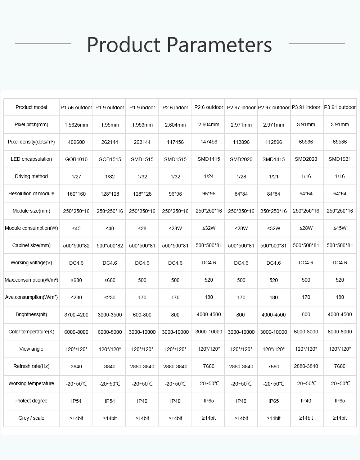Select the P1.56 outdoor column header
tap(76, 108)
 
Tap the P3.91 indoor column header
tap(306, 107)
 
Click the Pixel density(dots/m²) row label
tap(31, 142)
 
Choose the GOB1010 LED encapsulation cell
tap(76, 159)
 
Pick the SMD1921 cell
tap(340, 159)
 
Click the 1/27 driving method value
tap(76, 177)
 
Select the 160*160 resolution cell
tap(76, 194)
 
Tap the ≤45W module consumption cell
tap(340, 228)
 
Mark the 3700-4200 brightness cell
tap(76, 315)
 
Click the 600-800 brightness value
tap(142, 315)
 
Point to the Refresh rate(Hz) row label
tap(31, 366)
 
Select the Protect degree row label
tap(31, 401)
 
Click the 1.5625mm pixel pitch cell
tap(76, 125)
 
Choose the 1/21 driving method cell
tap(274, 177)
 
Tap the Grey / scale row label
tap(31, 418)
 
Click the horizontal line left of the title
tap(42, 44)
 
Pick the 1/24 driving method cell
tap(209, 176)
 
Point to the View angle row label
tap(31, 349)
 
